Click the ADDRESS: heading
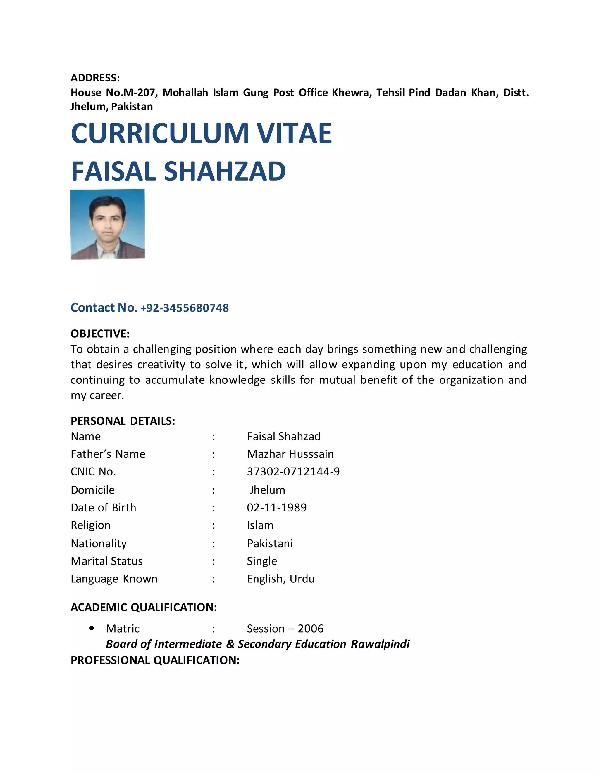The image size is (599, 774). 95,78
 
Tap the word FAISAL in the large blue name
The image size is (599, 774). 113,171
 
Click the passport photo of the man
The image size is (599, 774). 108,224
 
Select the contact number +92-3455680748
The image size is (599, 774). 185,308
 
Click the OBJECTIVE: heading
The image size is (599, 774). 100,334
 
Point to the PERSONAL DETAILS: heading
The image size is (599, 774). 123,421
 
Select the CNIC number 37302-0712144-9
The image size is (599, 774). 293,472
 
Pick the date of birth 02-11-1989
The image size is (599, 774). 277,508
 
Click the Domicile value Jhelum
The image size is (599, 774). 267,490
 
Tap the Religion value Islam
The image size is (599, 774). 260,525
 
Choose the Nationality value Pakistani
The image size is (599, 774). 270,544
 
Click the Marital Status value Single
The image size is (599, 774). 262,561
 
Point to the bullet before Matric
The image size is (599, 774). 92,628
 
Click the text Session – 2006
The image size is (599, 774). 285,629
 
